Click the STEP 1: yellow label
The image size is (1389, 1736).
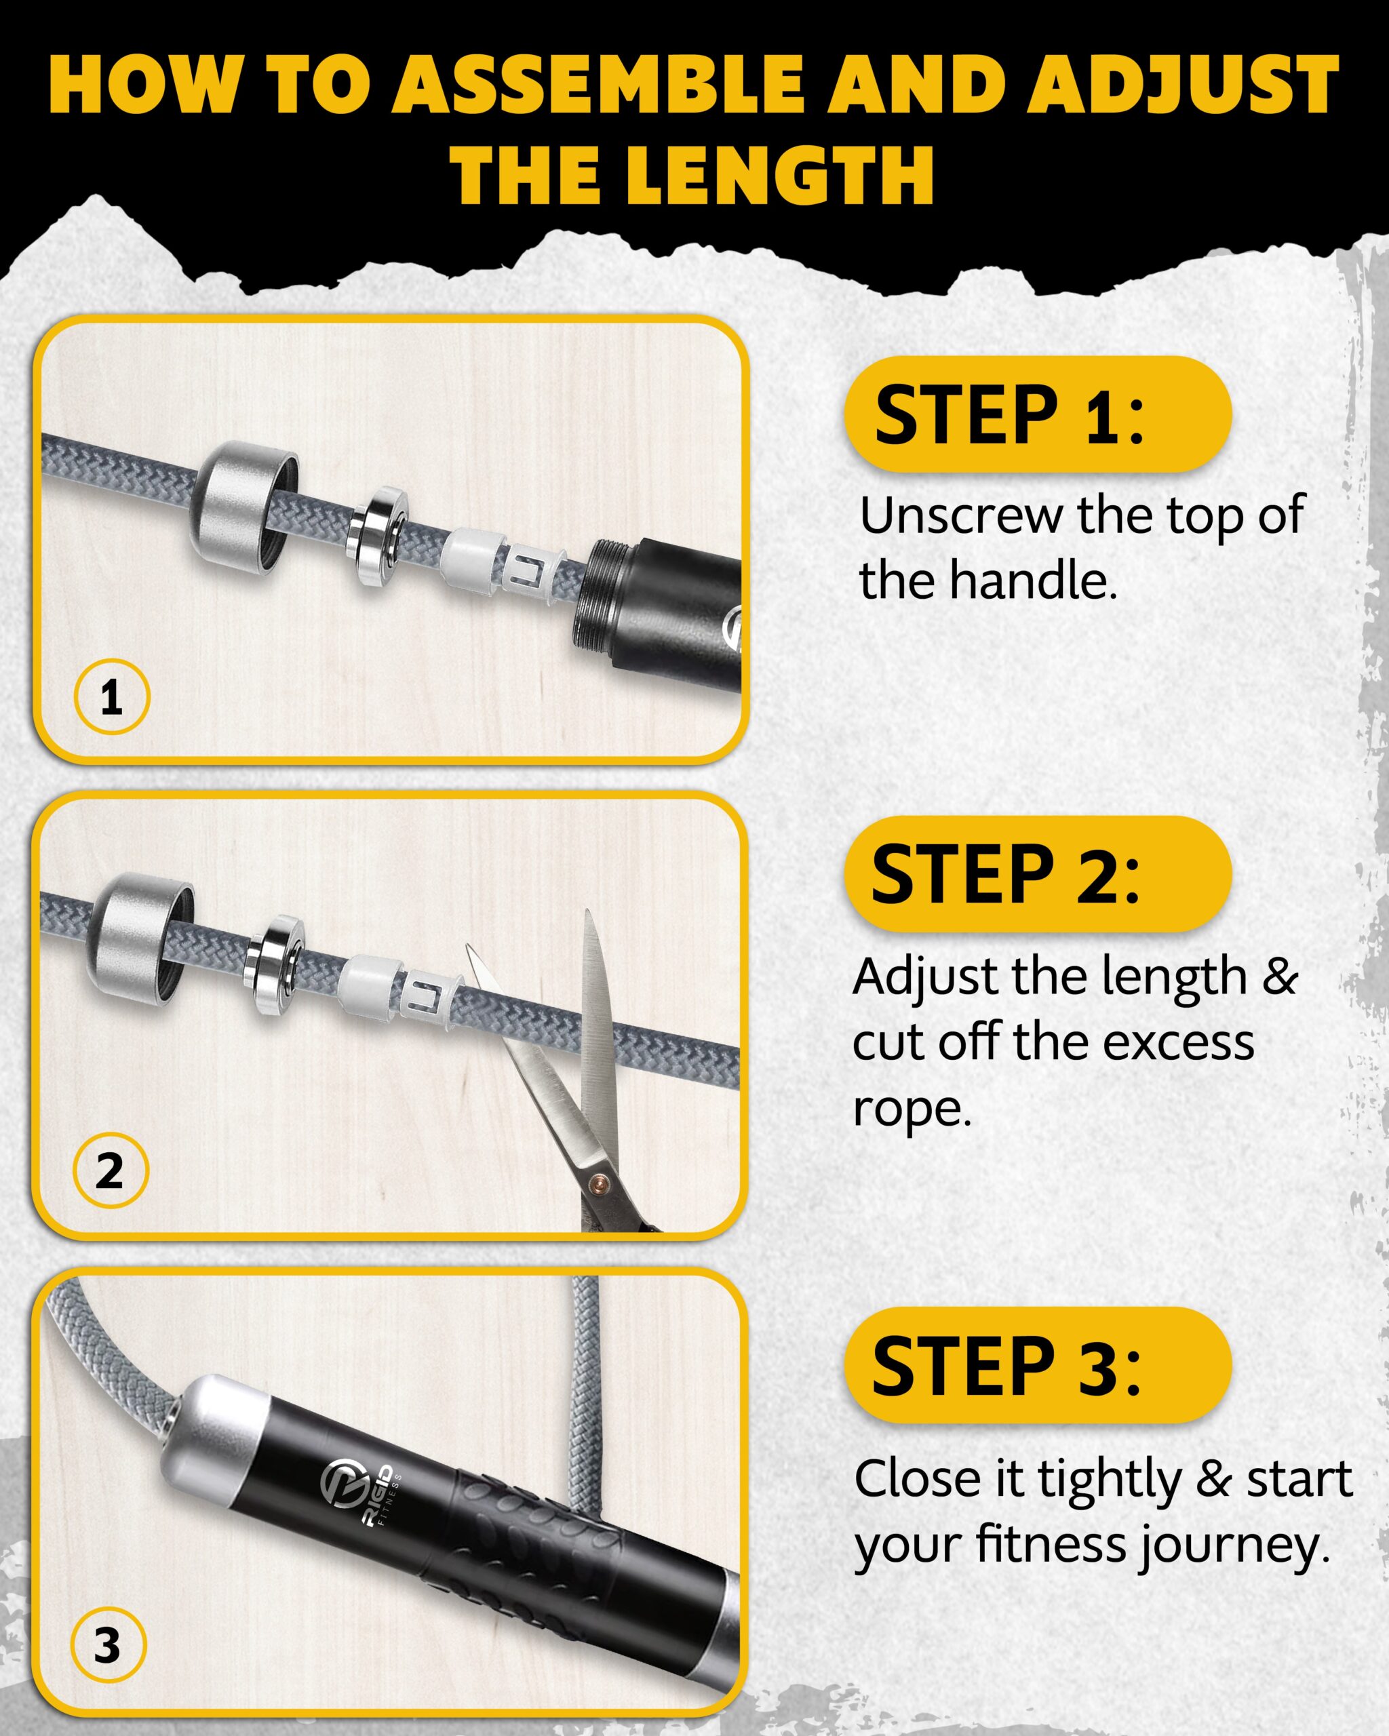tap(1038, 414)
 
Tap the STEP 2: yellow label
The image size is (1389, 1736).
tap(1038, 873)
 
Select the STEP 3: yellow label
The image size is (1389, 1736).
tap(1038, 1365)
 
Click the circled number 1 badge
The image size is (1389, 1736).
tap(112, 696)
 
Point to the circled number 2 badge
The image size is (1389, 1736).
tap(111, 1170)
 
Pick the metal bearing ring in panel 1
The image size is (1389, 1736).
tap(378, 538)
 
